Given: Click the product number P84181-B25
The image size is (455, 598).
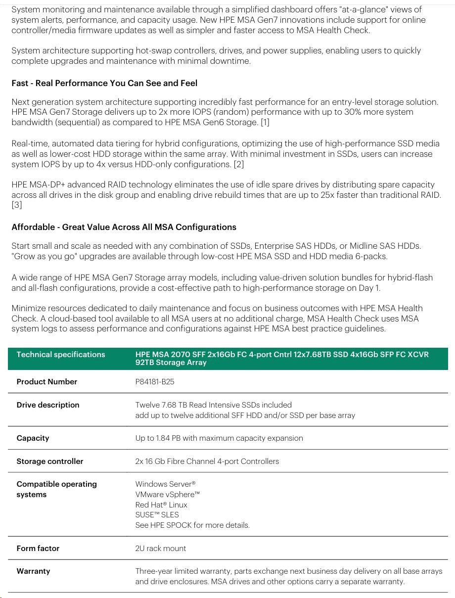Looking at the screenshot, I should point(155,382).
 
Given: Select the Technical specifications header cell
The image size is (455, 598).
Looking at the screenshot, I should point(61,355).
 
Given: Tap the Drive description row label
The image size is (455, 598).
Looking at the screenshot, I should point(48,405).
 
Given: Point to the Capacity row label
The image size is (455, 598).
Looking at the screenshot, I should point(33,438).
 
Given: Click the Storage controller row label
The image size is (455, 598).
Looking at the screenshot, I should point(50,461).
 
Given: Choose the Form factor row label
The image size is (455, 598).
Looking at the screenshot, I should point(38,549).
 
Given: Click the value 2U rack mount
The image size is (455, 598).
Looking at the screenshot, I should point(161,549).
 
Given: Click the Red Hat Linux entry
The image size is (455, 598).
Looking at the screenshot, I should point(161,505).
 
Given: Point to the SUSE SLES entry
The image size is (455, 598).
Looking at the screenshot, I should point(157,515).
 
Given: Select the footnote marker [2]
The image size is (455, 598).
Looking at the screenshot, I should point(238,164).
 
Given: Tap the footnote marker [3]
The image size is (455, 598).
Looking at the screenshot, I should point(17,205).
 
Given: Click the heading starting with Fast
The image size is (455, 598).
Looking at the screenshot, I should point(104,83).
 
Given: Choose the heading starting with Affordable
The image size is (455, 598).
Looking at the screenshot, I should point(124,228).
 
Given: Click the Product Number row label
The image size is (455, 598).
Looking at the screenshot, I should point(47,382).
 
